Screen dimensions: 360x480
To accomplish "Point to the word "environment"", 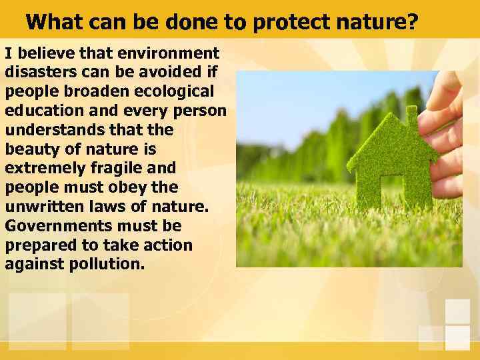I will (169, 53).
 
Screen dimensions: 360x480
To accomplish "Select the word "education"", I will (42, 110).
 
